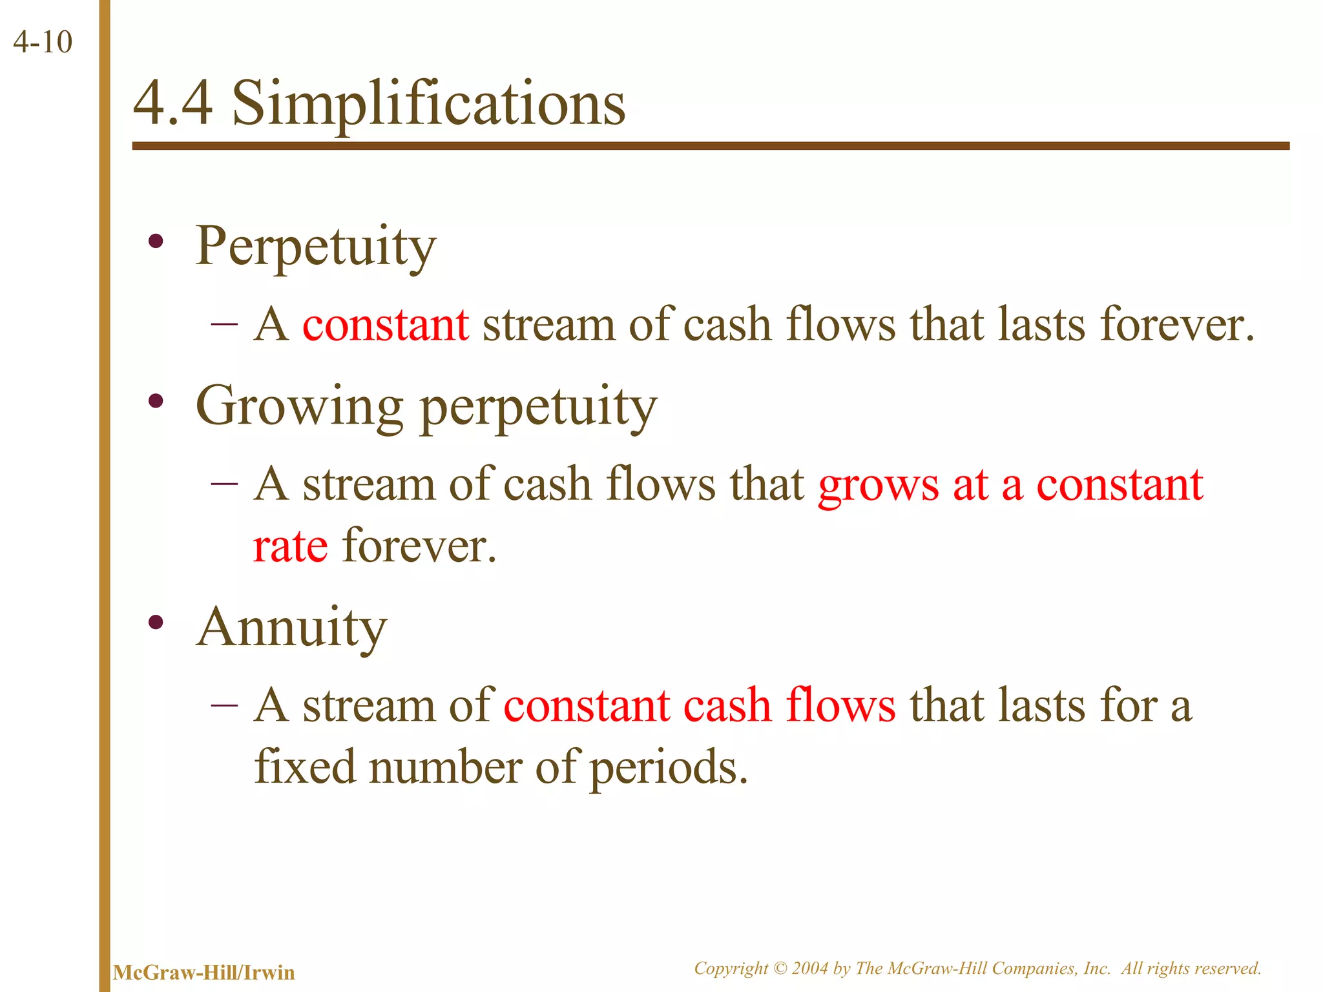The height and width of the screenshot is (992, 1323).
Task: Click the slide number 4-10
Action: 43,43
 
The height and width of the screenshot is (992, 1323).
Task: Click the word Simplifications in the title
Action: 428,104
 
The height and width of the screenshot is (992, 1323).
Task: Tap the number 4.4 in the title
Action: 172,104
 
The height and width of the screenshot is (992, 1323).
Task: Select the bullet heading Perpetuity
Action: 315,247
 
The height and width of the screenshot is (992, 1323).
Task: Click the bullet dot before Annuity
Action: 155,623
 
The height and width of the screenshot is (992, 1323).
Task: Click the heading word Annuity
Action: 292,628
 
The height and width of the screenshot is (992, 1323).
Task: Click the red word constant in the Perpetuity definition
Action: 386,324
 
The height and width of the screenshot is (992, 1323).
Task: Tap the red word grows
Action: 878,486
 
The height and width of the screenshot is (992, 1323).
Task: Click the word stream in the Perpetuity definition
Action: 548,324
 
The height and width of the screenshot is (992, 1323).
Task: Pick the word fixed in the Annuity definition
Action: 304,767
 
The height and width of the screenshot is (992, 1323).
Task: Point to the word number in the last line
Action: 445,767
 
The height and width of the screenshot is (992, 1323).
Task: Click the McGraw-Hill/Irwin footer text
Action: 203,973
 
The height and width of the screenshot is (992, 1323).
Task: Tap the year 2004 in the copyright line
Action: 810,968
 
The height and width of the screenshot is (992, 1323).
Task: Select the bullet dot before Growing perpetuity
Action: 155,402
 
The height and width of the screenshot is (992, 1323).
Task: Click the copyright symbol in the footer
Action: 780,968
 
